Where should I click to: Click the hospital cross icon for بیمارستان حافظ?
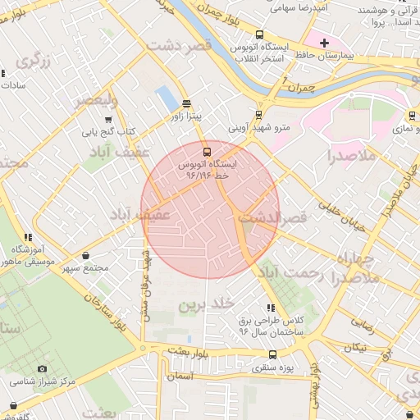tap(324, 43)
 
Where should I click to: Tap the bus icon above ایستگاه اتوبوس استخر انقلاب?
tap(260, 34)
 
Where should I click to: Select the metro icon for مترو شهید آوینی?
tap(259, 114)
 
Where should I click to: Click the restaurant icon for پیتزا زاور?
tap(187, 103)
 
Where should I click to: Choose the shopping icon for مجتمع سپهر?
tap(86, 255)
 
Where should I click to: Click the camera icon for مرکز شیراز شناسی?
tap(43, 368)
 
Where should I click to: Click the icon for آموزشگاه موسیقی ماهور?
tap(29, 237)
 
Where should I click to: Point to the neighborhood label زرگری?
tap(34, 59)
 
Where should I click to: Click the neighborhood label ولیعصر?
tap(97, 100)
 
